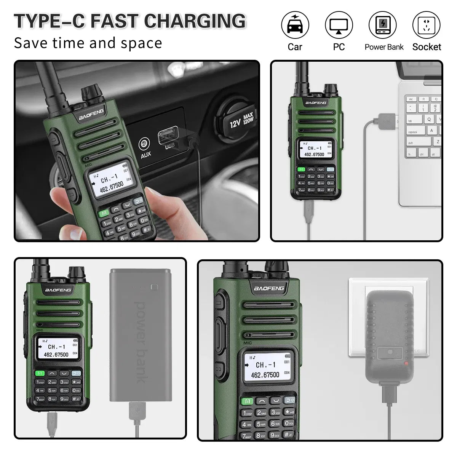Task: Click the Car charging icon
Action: pos(295,25)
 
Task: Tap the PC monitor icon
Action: pos(339,25)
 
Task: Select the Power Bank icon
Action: pos(382,25)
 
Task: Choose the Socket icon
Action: pos(426,25)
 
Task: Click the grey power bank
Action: pos(140,335)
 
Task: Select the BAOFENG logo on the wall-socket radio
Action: pos(269,288)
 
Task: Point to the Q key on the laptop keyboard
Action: pos(429,119)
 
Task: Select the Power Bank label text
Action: pos(384,47)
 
